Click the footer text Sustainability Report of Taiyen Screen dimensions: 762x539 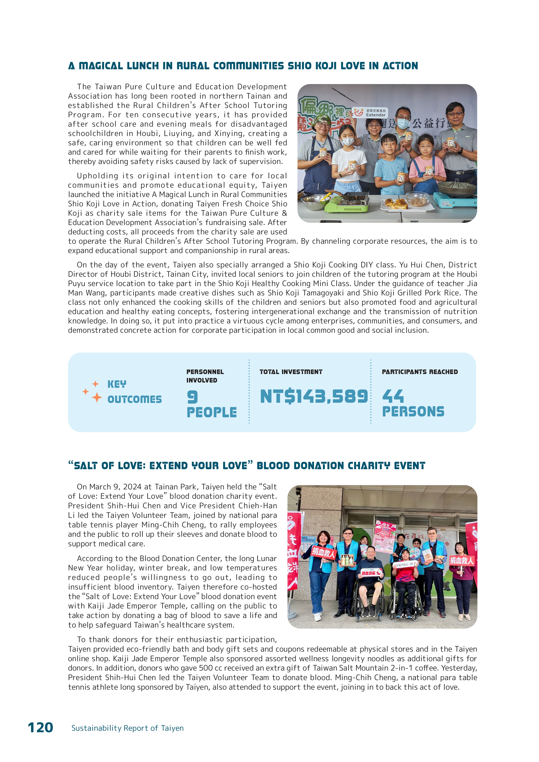tap(128, 728)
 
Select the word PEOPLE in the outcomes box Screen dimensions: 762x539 tap(212, 412)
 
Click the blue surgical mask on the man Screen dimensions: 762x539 tap(403, 123)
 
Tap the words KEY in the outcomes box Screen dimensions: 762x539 tap(117, 384)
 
